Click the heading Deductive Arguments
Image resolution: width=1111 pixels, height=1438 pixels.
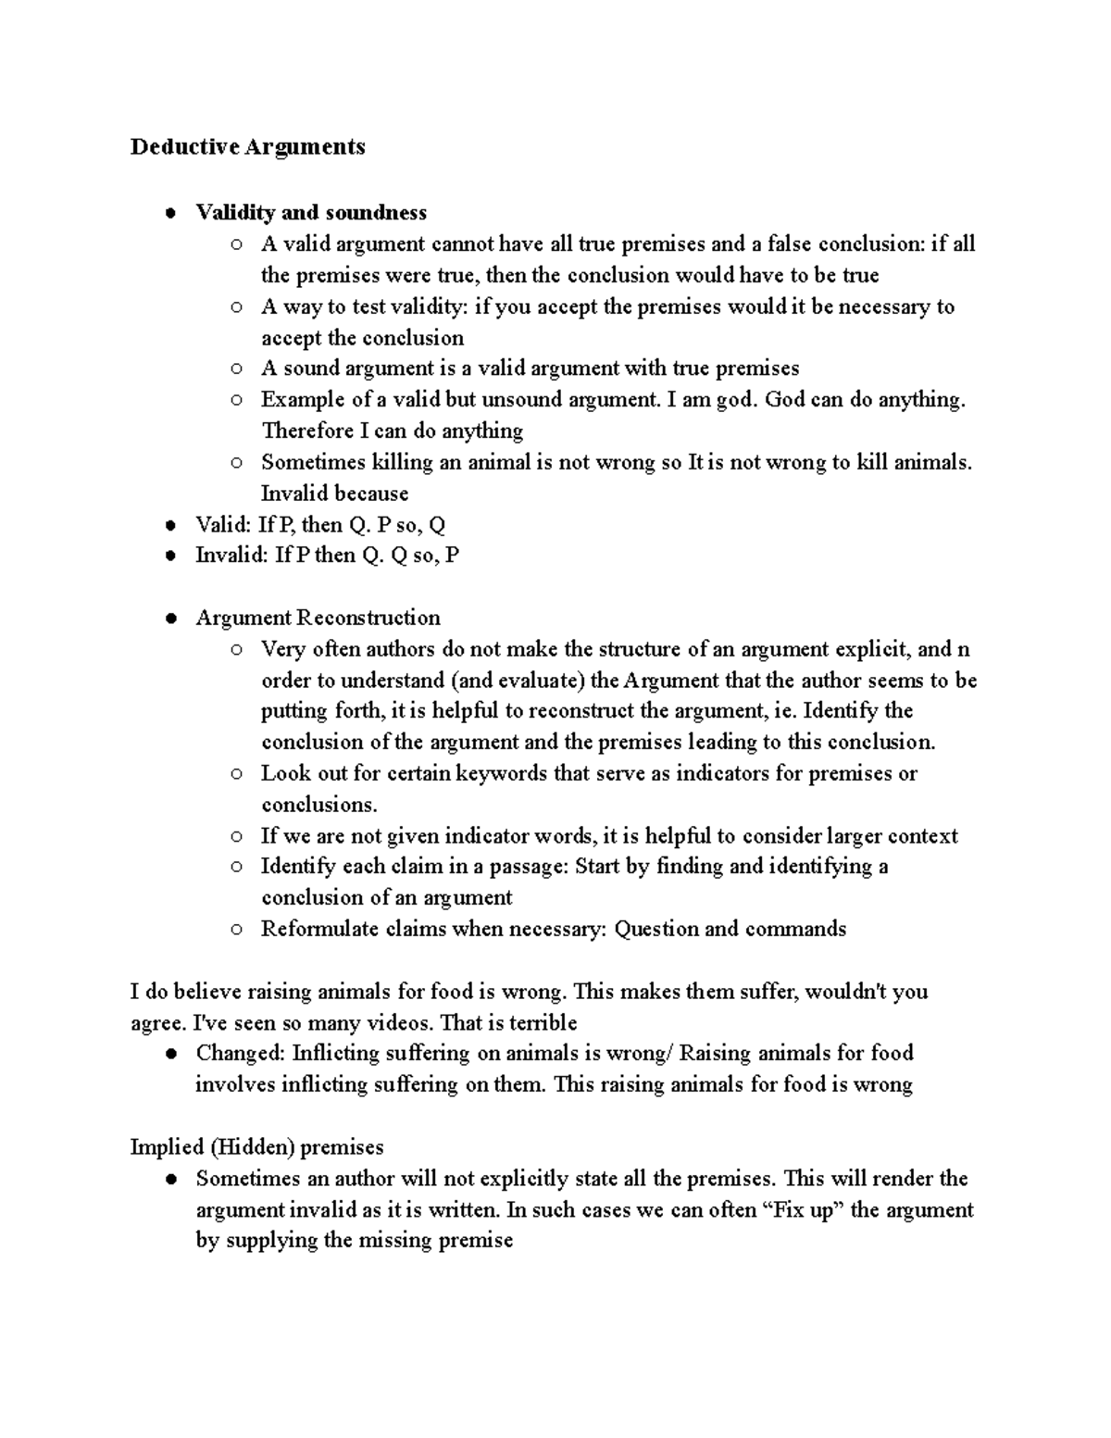247,146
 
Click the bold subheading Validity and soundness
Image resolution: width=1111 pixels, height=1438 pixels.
311,213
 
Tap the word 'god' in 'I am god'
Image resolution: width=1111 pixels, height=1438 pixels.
734,400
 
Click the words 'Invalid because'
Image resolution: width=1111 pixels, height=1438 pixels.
334,494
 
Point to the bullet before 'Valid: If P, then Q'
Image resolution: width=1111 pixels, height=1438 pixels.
170,525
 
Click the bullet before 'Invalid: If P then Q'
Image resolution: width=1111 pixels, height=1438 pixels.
170,556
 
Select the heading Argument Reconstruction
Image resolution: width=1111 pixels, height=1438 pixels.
318,618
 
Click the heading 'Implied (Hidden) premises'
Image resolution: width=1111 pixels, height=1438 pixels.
256,1147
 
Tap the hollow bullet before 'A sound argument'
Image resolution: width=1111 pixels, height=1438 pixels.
237,369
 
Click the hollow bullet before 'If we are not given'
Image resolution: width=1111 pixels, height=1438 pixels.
237,836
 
